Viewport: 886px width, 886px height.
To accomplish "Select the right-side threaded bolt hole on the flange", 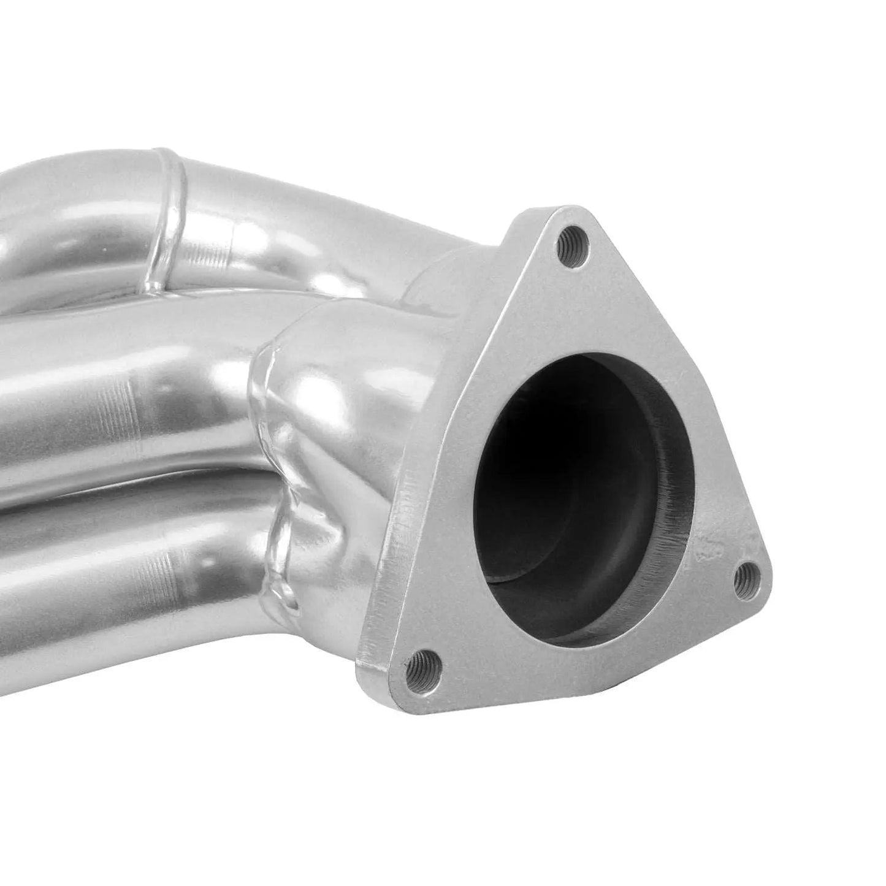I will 746,576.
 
